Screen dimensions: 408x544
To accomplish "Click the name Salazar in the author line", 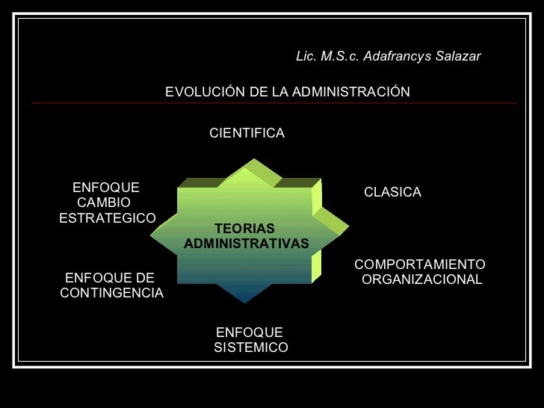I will [x=457, y=57].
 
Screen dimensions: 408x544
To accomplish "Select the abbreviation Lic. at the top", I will [x=306, y=57].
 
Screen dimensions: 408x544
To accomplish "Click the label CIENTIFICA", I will [x=247, y=133].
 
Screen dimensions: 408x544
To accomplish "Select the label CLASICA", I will [x=392, y=193].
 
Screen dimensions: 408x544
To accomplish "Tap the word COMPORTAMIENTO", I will [x=419, y=265].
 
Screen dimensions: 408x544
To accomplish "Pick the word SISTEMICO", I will [x=250, y=348].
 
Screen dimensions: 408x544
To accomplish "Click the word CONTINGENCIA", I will [x=111, y=293].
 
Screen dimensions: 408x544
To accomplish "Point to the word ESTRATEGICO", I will [x=107, y=218].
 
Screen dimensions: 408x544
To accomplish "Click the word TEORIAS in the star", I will [x=244, y=229].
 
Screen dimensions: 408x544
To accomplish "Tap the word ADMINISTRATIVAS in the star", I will [x=246, y=244].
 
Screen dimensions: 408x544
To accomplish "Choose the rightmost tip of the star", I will [x=347, y=225].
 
